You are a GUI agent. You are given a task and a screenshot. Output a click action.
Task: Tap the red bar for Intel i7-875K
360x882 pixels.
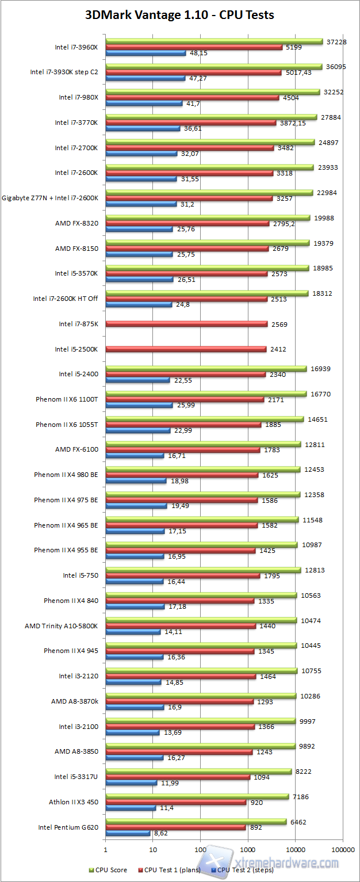186,324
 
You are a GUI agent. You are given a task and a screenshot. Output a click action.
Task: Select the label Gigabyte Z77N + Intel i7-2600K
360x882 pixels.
51,198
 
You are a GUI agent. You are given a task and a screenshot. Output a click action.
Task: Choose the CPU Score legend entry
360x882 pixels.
108,869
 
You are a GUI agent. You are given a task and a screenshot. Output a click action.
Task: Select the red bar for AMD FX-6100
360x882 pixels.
182,450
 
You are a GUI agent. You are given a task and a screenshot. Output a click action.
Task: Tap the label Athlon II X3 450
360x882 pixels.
74,802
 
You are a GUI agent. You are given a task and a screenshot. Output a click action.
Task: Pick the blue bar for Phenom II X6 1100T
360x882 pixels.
139,405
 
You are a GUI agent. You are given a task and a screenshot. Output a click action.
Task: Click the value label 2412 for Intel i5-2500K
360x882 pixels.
278,349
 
